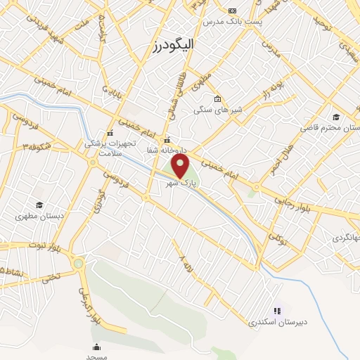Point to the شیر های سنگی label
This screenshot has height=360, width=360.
tap(217, 110)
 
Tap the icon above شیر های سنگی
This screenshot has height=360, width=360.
tap(218, 98)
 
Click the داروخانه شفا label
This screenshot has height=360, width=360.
tap(165, 150)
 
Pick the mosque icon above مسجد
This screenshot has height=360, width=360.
tap(96, 347)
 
